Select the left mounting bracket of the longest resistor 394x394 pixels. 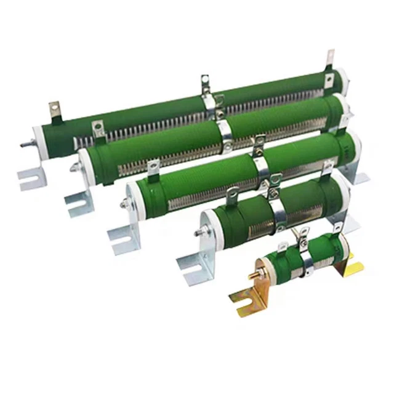tap(31, 179)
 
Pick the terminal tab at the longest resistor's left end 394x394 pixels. tap(54, 110)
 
